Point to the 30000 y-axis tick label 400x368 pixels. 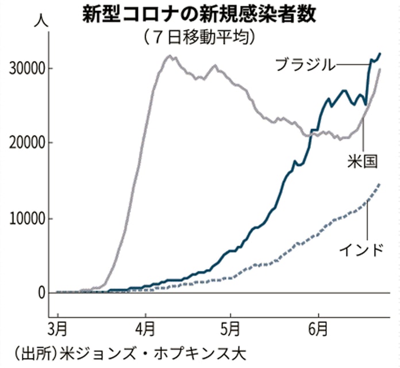click(x=25, y=68)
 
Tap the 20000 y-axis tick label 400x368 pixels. click(x=25, y=143)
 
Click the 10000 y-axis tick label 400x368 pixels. click(x=25, y=218)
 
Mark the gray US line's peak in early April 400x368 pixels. click(x=170, y=56)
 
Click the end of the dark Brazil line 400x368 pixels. click(x=380, y=53)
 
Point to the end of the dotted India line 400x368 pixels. click(x=380, y=184)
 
